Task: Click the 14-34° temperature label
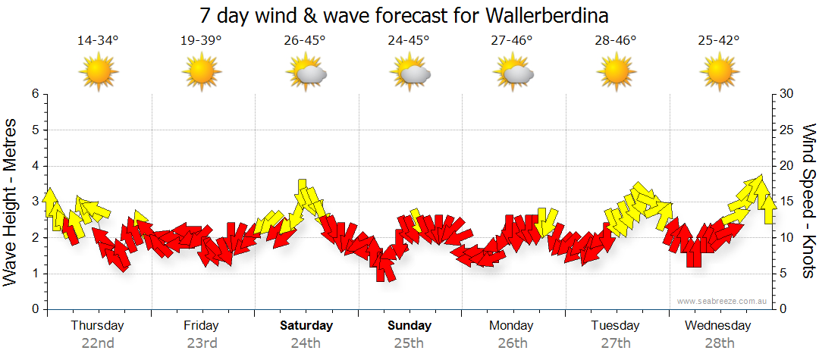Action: tap(99, 41)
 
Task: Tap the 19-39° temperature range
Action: tap(201, 41)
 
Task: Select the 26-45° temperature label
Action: tap(305, 41)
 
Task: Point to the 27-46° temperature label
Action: tap(512, 41)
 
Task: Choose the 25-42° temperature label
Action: tap(719, 41)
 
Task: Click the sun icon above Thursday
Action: tap(99, 73)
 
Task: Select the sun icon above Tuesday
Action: tap(616, 73)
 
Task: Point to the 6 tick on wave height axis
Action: tap(34, 94)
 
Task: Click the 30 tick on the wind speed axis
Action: tap(787, 94)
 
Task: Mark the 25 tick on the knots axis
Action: tap(787, 130)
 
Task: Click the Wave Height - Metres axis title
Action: tap(12, 202)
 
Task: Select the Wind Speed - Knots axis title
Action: tap(808, 202)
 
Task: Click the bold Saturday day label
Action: tap(306, 326)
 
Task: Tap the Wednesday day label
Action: tap(717, 326)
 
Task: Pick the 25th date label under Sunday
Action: tap(409, 343)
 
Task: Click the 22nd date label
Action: tap(98, 343)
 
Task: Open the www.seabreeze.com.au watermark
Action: tap(722, 301)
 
